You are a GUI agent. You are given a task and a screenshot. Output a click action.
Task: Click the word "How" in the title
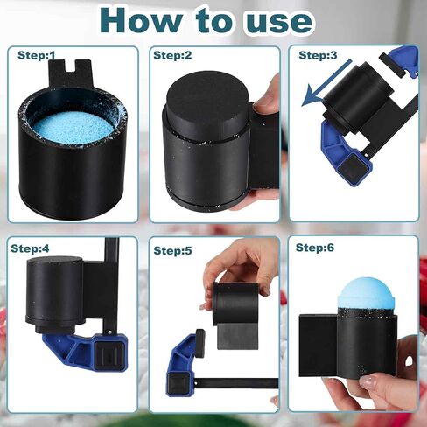tap(141, 21)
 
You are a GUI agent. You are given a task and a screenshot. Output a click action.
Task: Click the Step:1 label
tap(37, 55)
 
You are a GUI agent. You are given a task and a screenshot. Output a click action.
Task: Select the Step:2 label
tap(172, 55)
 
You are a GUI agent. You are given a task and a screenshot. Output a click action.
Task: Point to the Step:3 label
tap(318, 55)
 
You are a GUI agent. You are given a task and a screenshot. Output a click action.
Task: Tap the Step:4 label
tap(30, 248)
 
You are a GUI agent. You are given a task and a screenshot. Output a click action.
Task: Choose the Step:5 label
tap(172, 250)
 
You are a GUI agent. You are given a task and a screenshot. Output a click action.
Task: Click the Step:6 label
tap(315, 248)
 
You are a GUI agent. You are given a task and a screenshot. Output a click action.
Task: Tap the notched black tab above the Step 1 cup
tap(71, 73)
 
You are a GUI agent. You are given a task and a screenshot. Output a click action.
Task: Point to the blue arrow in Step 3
tap(325, 83)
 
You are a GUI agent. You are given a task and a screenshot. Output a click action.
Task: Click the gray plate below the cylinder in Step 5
tap(238, 335)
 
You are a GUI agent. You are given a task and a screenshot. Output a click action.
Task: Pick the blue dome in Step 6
tap(361, 296)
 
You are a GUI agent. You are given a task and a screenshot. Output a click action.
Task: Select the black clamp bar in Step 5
tap(235, 383)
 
